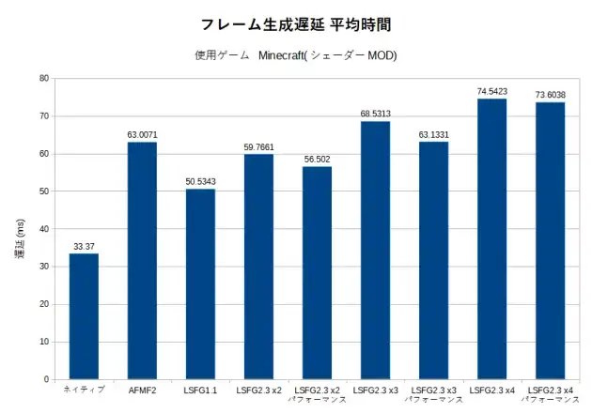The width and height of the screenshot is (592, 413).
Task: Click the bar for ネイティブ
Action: click(x=84, y=316)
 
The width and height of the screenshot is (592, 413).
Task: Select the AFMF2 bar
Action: click(x=142, y=261)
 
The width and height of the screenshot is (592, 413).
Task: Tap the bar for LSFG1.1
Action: click(x=200, y=284)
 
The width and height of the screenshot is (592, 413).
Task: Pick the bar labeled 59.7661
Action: click(x=258, y=267)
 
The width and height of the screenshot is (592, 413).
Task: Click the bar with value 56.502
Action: click(x=317, y=273)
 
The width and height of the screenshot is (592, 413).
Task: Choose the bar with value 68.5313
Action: click(x=375, y=251)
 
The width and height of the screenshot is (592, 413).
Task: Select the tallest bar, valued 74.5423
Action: click(x=491, y=239)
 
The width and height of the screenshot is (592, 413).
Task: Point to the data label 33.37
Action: click(x=84, y=247)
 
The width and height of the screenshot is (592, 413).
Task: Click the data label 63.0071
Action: click(x=142, y=135)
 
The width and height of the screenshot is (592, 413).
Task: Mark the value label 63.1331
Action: click(x=433, y=134)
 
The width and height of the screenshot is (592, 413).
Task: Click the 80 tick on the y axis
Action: click(x=44, y=79)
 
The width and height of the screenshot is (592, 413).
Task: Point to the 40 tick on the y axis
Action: click(x=44, y=229)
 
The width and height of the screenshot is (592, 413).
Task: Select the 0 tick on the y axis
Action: click(x=46, y=379)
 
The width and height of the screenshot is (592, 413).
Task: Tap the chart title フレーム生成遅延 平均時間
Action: click(x=296, y=24)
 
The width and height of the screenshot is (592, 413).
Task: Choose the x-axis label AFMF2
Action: click(x=142, y=390)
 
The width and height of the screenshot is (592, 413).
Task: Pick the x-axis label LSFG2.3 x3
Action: click(x=375, y=390)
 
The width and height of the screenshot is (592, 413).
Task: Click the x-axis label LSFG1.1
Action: click(x=200, y=390)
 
